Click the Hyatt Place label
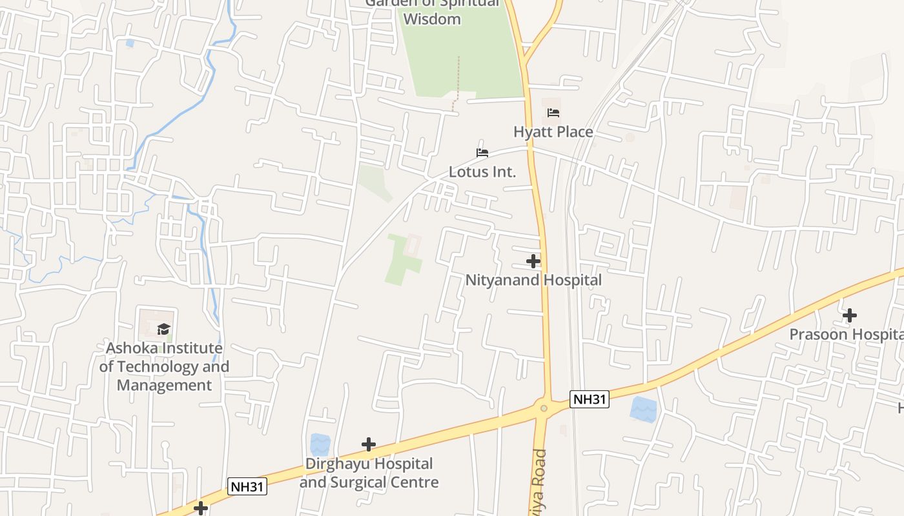pyautogui.click(x=553, y=132)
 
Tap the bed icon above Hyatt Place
pyautogui.click(x=553, y=113)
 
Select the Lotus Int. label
pyautogui.click(x=482, y=172)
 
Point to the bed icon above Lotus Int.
pyautogui.click(x=482, y=153)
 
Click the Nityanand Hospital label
pyautogui.click(x=533, y=280)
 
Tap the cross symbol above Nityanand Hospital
pyautogui.click(x=533, y=261)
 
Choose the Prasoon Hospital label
pyautogui.click(x=846, y=334)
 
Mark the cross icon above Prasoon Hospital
pyautogui.click(x=850, y=315)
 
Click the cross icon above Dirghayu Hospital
pyautogui.click(x=369, y=444)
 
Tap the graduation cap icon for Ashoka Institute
pyautogui.click(x=164, y=330)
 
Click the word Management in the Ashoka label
pyautogui.click(x=164, y=385)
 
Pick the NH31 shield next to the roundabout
pyautogui.click(x=590, y=399)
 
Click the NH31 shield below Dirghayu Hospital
pyautogui.click(x=247, y=486)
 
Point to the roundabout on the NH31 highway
pyautogui.click(x=544, y=408)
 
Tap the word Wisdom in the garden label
pyautogui.click(x=432, y=19)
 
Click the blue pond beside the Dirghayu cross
pyautogui.click(x=320, y=444)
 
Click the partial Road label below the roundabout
pyautogui.click(x=539, y=481)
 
